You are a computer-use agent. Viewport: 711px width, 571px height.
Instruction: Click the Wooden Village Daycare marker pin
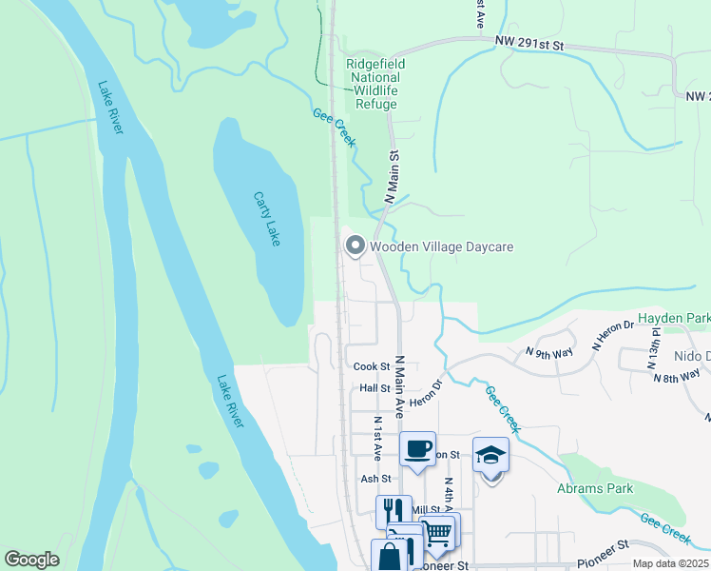pos(355,246)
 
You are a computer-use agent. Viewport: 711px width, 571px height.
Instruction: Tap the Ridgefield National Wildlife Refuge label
pos(375,84)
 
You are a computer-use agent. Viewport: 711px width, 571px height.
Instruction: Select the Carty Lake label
pos(266,219)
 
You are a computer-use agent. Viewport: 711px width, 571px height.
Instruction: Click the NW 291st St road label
pos(529,44)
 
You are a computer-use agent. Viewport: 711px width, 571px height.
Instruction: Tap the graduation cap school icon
pos(490,455)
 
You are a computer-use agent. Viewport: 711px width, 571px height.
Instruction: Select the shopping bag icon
pos(388,556)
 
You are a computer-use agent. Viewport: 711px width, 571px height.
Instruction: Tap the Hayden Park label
pos(674,317)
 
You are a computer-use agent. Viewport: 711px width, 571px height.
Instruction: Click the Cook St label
pos(372,366)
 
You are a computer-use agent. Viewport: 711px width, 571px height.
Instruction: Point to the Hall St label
pos(375,388)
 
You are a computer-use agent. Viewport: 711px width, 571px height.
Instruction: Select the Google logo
pos(31,560)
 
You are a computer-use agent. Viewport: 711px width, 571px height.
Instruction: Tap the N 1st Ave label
pos(377,432)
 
